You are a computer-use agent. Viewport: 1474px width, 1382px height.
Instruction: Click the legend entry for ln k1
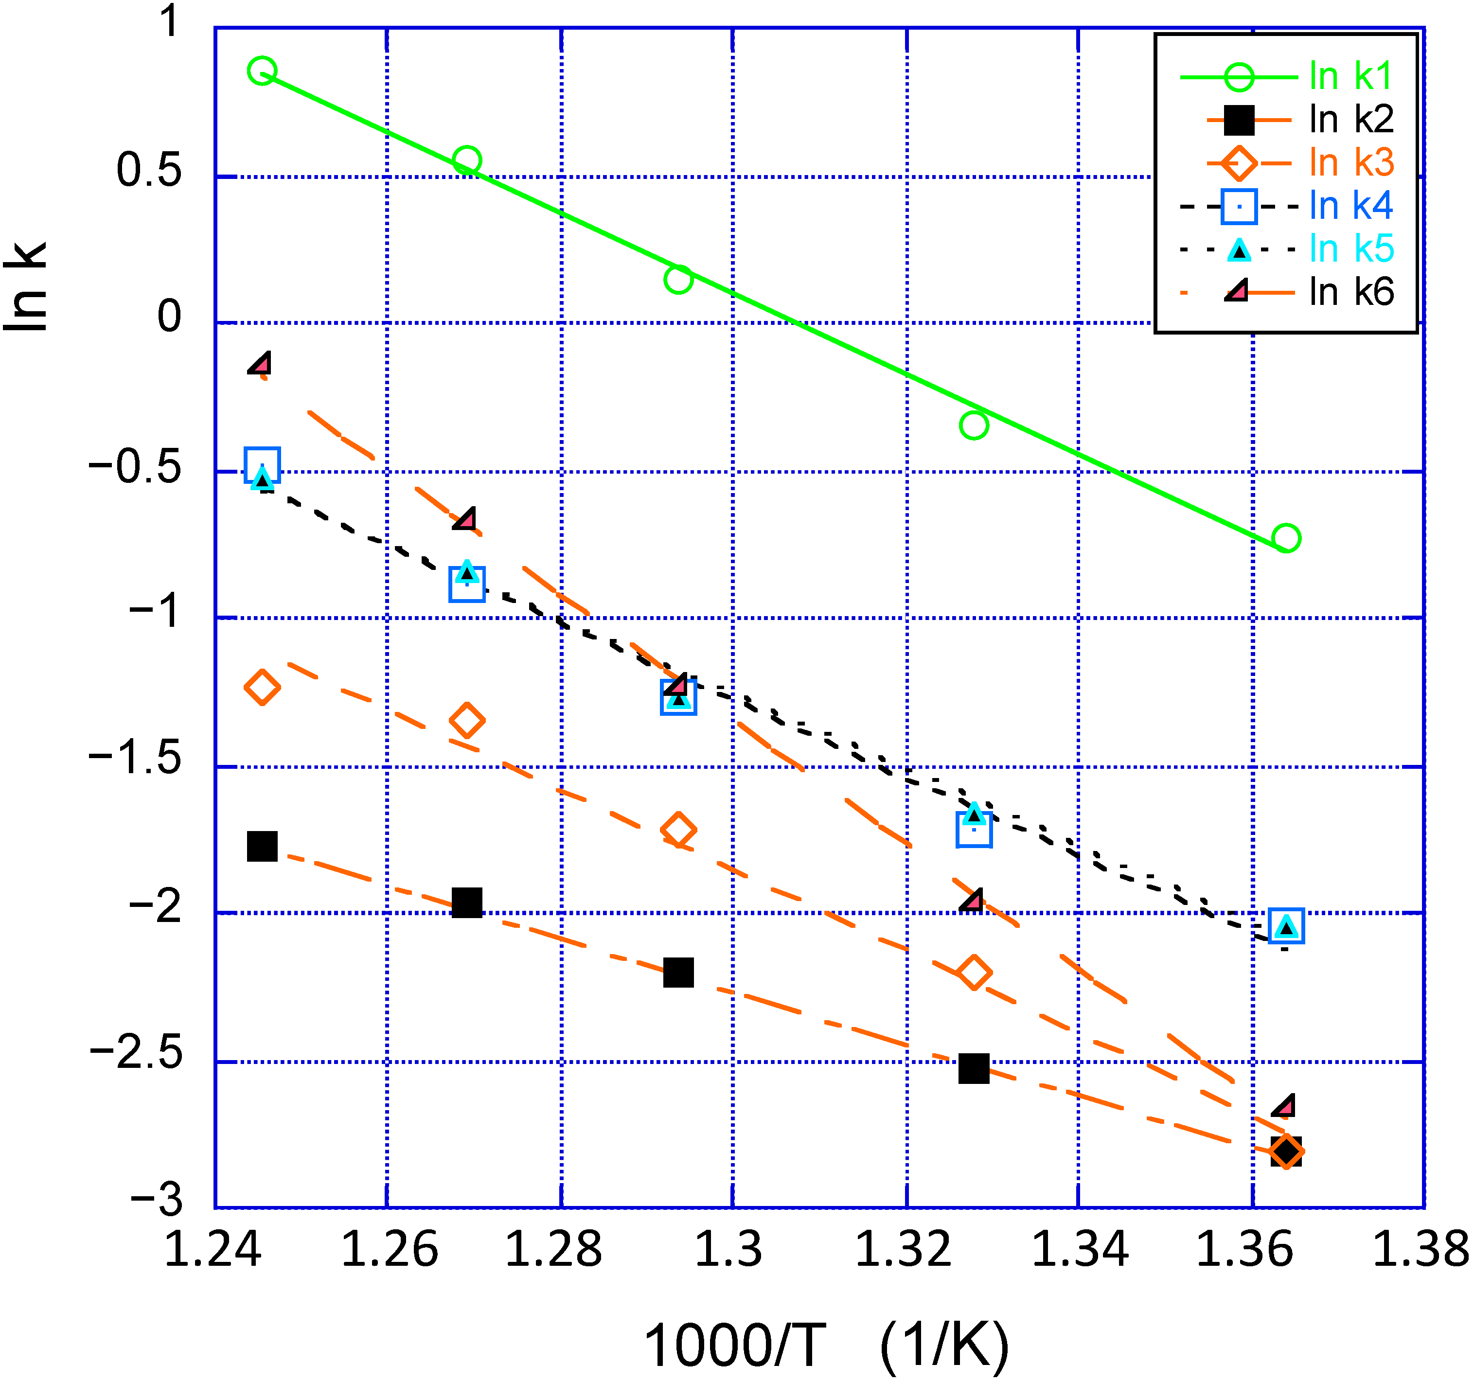[1351, 76]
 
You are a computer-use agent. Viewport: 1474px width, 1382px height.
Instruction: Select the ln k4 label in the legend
[1351, 205]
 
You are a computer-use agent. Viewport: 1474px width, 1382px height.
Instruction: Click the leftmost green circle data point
[262, 71]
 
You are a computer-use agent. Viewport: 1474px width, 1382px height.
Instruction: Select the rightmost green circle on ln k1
[1286, 537]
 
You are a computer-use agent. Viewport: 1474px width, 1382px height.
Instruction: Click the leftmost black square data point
[262, 846]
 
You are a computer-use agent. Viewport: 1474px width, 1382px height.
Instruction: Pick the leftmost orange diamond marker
[262, 687]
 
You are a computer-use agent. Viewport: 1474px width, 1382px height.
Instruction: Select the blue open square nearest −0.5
[262, 465]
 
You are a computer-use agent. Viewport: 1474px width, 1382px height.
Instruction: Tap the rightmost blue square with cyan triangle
[1286, 926]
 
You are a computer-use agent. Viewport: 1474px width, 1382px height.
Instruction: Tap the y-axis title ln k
[26, 287]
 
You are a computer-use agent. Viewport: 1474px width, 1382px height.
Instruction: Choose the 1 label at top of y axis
[171, 21]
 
